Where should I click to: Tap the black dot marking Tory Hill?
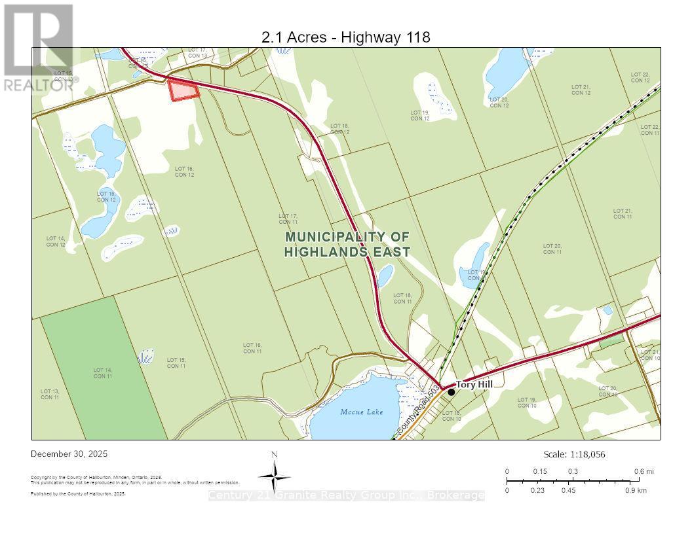pyautogui.click(x=451, y=392)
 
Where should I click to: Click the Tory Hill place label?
pyautogui.click(x=474, y=385)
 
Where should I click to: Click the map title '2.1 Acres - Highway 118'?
pyautogui.click(x=346, y=37)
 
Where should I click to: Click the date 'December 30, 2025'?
pyautogui.click(x=69, y=454)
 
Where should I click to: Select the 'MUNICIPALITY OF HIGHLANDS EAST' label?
pyautogui.click(x=347, y=244)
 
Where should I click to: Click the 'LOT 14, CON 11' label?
pyautogui.click(x=102, y=373)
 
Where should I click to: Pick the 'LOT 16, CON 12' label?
pyautogui.click(x=184, y=171)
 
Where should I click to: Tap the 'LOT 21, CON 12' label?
pyautogui.click(x=581, y=90)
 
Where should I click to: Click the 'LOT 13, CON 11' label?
pyautogui.click(x=50, y=395)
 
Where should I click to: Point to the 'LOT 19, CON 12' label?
pyautogui.click(x=420, y=116)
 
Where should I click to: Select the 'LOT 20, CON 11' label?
pyautogui.click(x=552, y=249)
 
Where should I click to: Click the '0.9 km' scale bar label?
pyautogui.click(x=636, y=490)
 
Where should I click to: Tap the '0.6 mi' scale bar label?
pyautogui.click(x=644, y=471)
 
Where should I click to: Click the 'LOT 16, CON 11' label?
pyautogui.click(x=252, y=348)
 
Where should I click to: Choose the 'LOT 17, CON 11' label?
pyautogui.click(x=288, y=219)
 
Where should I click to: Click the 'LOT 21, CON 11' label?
pyautogui.click(x=623, y=214)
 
